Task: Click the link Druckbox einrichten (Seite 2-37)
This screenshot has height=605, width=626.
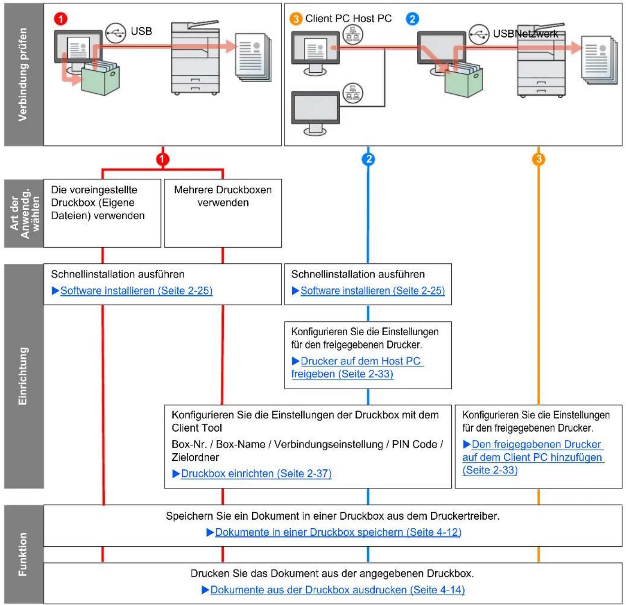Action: coord(256,473)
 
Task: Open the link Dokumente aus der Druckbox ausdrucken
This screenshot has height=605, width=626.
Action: coord(337,590)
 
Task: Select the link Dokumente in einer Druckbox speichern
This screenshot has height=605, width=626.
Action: coord(338,532)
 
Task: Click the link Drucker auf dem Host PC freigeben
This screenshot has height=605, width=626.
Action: coord(357,367)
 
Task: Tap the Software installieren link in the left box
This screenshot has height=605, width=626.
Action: coord(136,290)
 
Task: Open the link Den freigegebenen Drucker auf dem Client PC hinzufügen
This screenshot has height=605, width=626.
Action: coord(533,457)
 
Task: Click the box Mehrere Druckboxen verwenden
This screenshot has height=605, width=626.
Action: coord(223,213)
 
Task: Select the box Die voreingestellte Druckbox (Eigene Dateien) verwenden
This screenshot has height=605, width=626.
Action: coord(102,213)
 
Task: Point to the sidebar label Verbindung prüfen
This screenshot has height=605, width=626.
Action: coord(23,75)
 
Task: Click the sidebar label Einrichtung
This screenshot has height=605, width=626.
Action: coord(23,376)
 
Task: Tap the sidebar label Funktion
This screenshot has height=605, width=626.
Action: coord(23,554)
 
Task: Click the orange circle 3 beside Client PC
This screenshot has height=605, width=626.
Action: coord(296,19)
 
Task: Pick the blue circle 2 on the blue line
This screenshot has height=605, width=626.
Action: coord(368,159)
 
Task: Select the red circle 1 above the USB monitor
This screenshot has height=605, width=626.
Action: coord(61,19)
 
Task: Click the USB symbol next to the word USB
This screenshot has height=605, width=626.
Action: coord(116,33)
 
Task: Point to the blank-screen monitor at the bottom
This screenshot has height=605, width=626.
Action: coord(315,113)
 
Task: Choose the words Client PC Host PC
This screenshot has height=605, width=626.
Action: coord(348,18)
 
